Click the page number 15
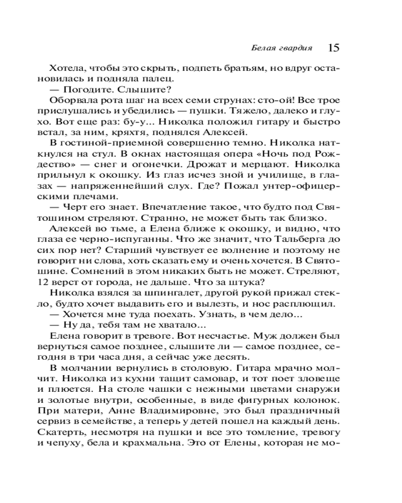tap(333, 48)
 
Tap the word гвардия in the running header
tap(297, 48)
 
